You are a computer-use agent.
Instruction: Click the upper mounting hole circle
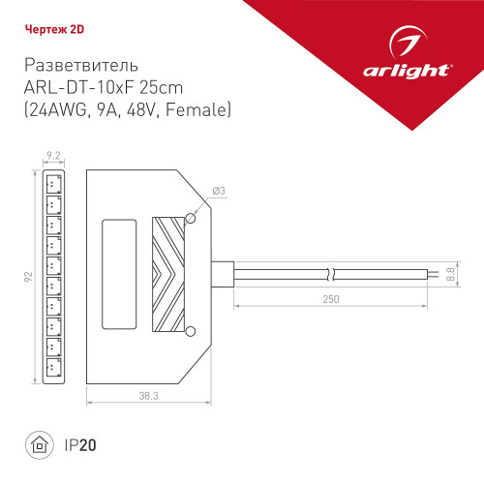click(191, 221)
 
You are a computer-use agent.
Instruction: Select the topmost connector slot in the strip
click(52, 183)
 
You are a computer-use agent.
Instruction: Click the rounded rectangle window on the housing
click(120, 275)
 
